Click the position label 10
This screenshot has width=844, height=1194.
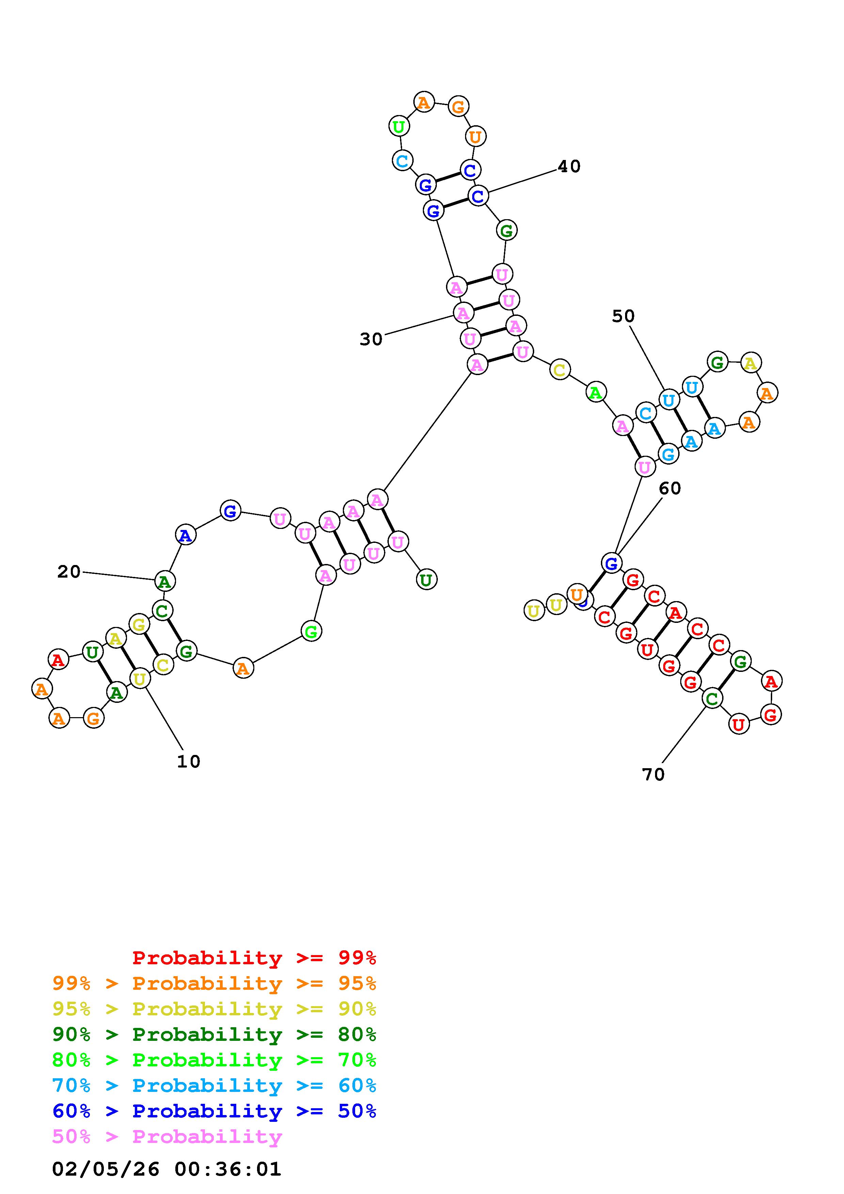(188, 761)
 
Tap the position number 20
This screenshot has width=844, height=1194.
(69, 572)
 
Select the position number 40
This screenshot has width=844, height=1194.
(569, 166)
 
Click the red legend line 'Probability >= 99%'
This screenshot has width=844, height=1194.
(254, 958)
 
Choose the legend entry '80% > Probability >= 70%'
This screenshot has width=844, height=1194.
(214, 1060)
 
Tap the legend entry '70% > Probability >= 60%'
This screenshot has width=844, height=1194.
(214, 1086)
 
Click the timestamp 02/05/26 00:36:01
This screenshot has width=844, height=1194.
(166, 1169)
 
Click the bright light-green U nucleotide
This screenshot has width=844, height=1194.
(399, 126)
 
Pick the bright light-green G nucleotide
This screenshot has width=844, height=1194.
(311, 631)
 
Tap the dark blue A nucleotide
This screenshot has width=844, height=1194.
(185, 535)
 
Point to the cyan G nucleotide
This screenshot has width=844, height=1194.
(668, 454)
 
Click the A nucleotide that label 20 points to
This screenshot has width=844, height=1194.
(165, 581)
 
